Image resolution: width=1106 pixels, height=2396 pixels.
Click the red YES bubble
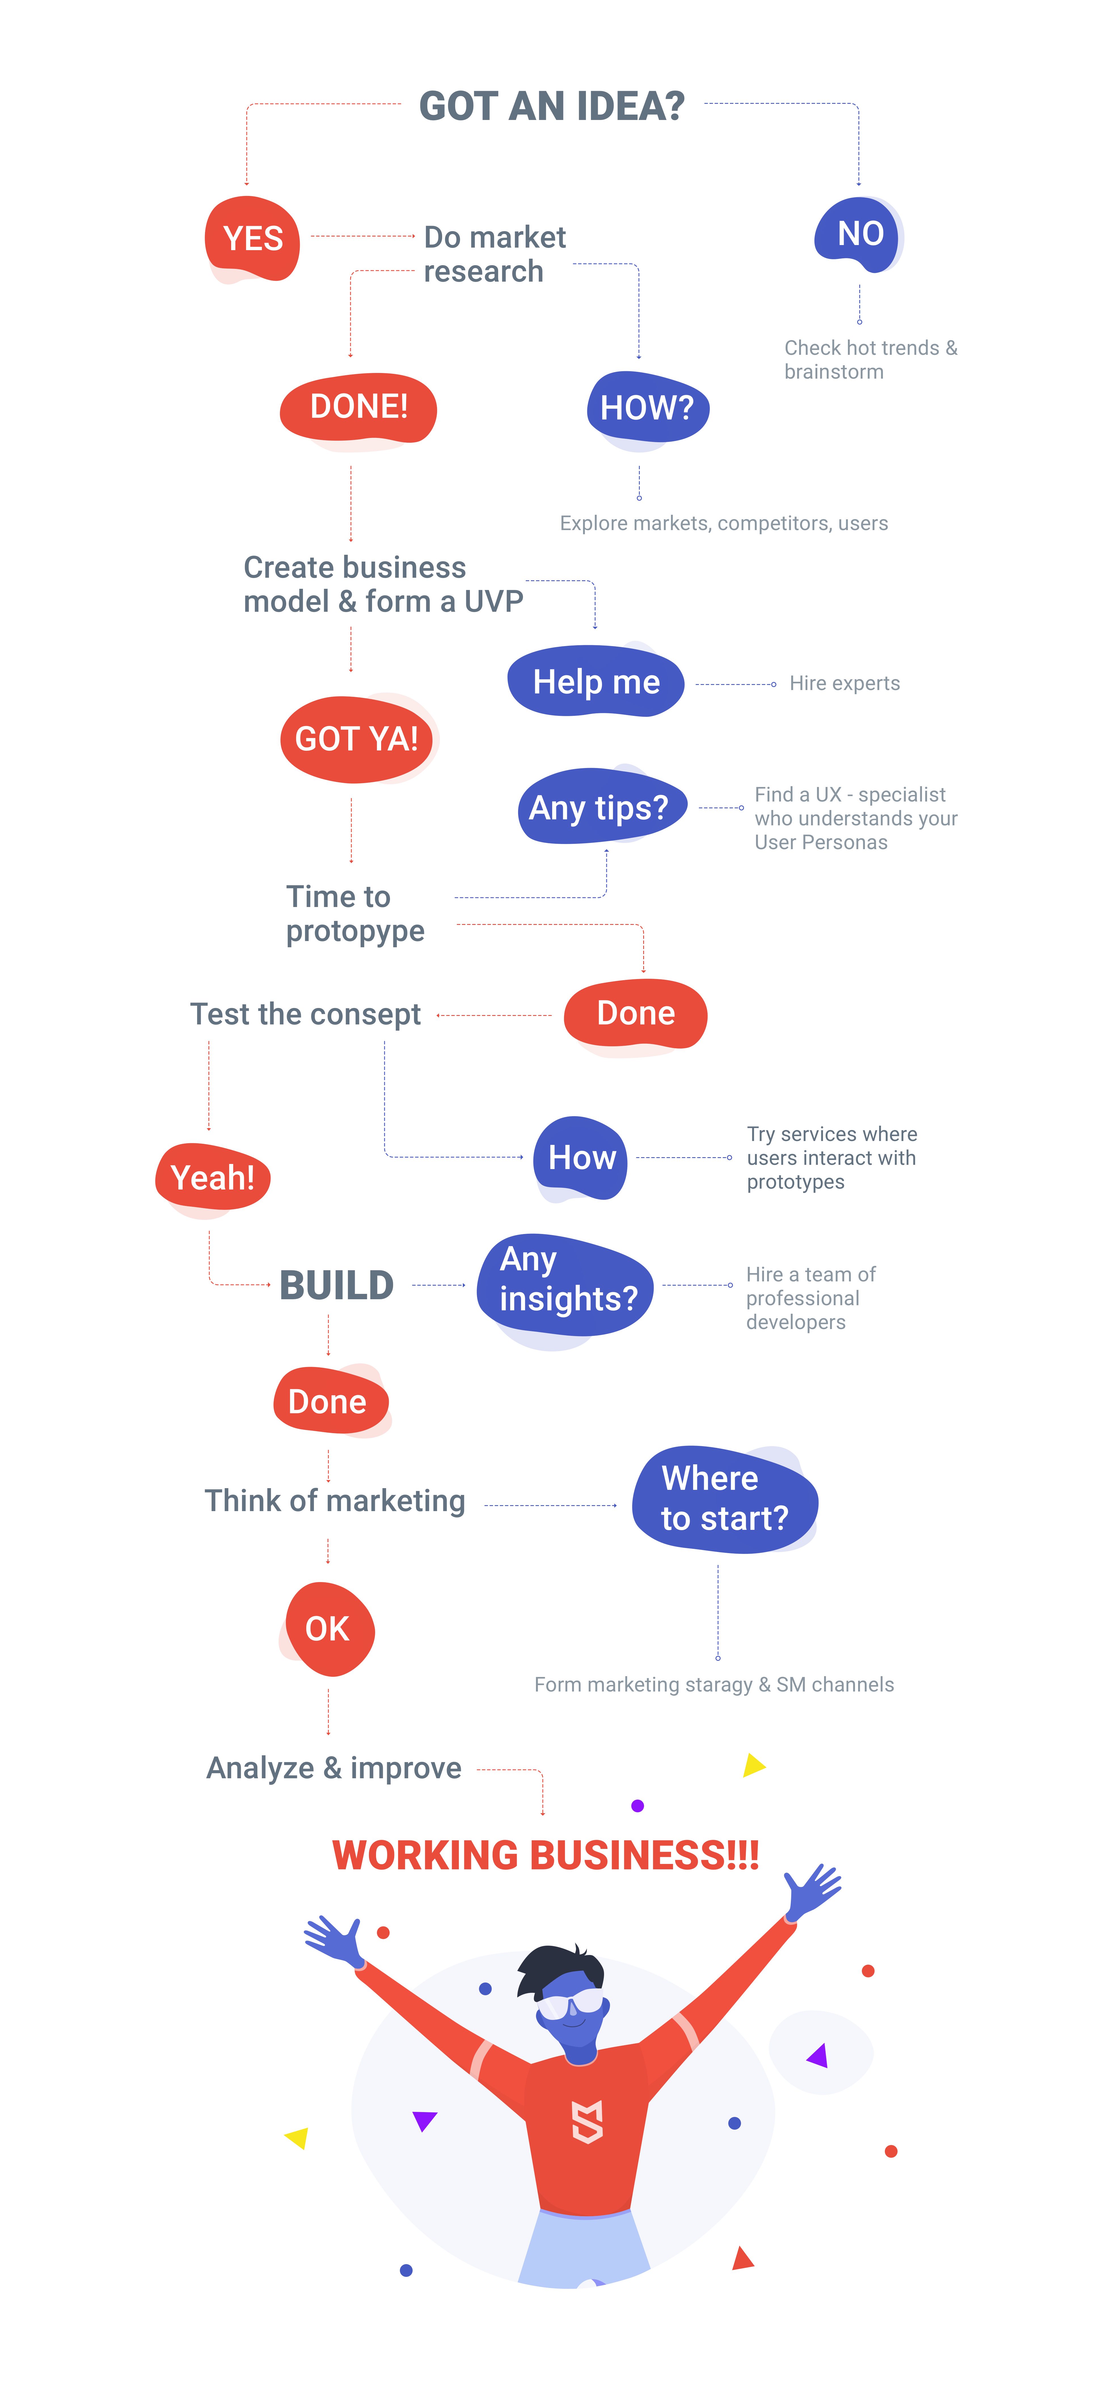coord(252,238)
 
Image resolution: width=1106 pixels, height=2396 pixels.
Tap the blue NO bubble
coord(859,233)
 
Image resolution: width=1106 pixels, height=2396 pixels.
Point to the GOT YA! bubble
coord(357,739)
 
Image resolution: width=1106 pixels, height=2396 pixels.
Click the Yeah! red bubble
coord(213,1178)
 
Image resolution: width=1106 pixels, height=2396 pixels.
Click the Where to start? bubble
coord(725,1498)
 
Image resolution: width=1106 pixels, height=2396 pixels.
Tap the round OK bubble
coord(328,1629)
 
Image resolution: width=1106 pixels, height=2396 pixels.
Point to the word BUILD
coord(337,1285)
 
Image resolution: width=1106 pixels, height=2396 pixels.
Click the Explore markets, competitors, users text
coord(724,524)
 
